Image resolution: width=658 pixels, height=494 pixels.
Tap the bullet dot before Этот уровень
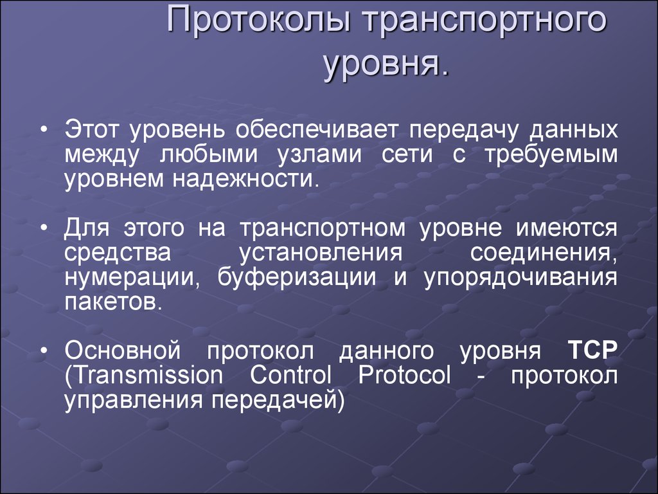click(44, 130)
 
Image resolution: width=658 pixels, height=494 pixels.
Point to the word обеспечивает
click(316, 130)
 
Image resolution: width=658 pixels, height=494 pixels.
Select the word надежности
click(243, 179)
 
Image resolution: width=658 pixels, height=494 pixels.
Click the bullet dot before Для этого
click(44, 229)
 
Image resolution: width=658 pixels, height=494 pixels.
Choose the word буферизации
click(297, 278)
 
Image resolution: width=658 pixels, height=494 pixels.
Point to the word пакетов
click(113, 302)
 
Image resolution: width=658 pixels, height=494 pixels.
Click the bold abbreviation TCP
click(592, 350)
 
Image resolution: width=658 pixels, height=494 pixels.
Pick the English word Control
click(290, 375)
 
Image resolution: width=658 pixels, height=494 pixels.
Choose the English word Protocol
click(404, 375)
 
